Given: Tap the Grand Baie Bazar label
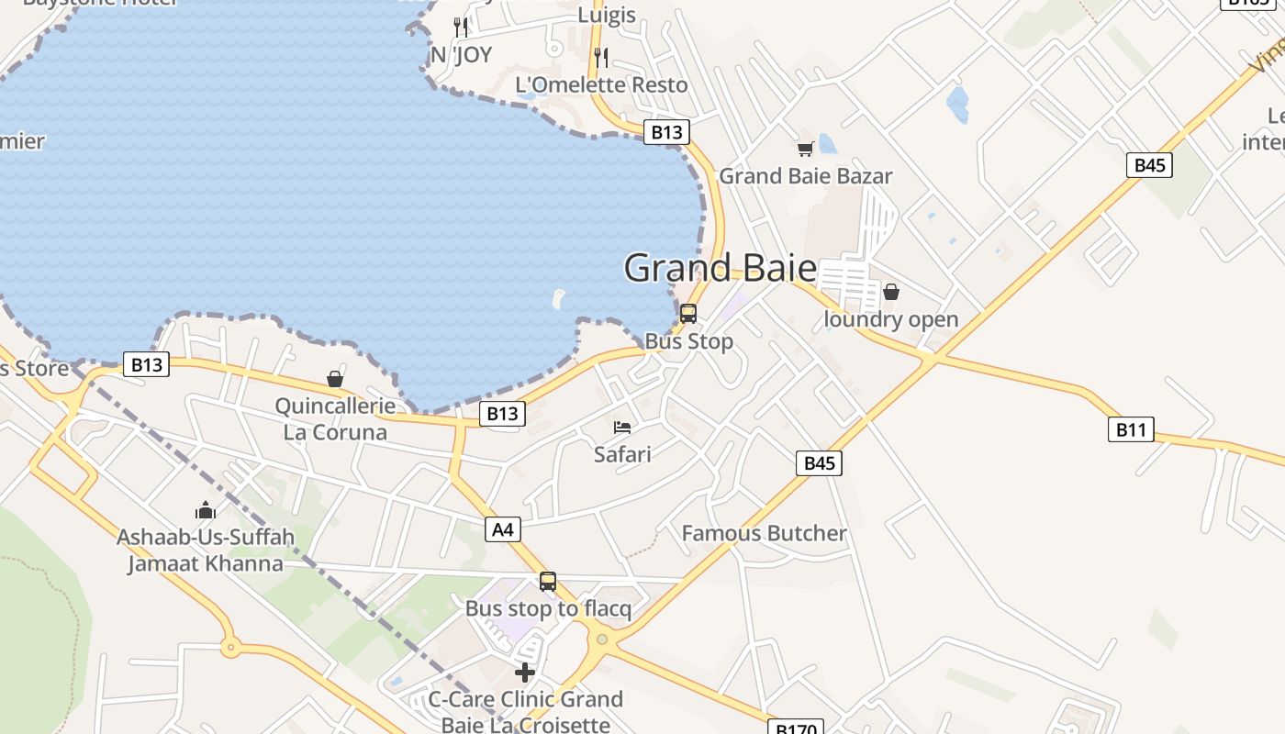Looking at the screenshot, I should (x=805, y=176).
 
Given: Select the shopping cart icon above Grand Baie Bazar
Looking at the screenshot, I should (x=805, y=149).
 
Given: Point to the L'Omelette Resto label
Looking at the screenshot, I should (x=601, y=85).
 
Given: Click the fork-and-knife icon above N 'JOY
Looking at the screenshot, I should (x=461, y=28).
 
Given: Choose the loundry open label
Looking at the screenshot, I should (x=890, y=319).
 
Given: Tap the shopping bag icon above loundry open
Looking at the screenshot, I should (x=890, y=293).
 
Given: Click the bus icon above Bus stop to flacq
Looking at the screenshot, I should (x=548, y=581).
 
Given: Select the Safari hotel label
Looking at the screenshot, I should (x=622, y=454).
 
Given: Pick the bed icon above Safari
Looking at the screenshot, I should (x=622, y=428).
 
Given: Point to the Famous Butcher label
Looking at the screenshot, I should (x=764, y=533).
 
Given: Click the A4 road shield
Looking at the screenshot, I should (x=503, y=528).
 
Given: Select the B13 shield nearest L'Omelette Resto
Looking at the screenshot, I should (x=666, y=132).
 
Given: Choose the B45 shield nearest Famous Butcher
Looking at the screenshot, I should (x=819, y=463).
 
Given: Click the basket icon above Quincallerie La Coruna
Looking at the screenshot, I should (x=335, y=379).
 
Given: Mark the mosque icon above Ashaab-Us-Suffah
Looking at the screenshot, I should (x=205, y=510).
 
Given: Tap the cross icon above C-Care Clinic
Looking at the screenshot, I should (x=525, y=673).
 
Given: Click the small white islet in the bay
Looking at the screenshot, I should (x=558, y=298).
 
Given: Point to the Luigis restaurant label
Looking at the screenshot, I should (x=607, y=16).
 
